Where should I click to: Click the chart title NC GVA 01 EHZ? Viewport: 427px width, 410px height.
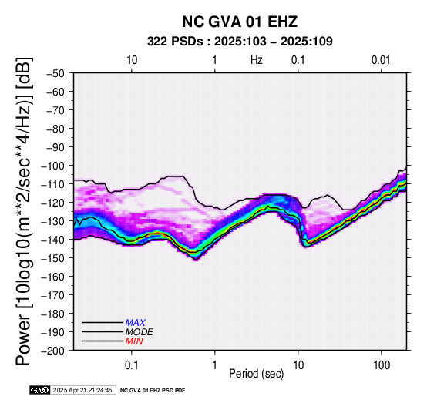pyautogui.click(x=240, y=22)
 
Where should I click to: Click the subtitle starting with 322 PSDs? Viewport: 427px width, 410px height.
pyautogui.click(x=240, y=42)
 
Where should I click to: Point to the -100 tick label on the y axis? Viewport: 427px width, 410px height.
pyautogui.click(x=55, y=166)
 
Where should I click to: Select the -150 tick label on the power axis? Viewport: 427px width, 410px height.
pyautogui.click(x=55, y=258)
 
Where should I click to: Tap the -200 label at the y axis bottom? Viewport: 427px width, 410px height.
pyautogui.click(x=55, y=351)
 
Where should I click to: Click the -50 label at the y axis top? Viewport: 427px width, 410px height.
pyautogui.click(x=58, y=73)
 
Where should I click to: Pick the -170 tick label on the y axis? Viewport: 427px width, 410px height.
pyautogui.click(x=55, y=295)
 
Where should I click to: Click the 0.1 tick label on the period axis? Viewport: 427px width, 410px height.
pyautogui.click(x=132, y=365)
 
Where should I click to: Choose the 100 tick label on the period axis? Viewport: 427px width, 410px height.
pyautogui.click(x=382, y=365)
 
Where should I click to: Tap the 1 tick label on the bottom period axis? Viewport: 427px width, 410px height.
pyautogui.click(x=214, y=365)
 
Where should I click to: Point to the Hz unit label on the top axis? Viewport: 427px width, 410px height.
pyautogui.click(x=257, y=60)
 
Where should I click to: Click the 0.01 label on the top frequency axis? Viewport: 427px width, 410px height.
pyautogui.click(x=381, y=60)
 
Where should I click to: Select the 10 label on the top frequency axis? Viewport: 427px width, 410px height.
pyautogui.click(x=132, y=60)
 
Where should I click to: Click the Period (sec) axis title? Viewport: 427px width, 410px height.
pyautogui.click(x=256, y=374)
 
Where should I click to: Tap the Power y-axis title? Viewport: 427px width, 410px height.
pyautogui.click(x=24, y=211)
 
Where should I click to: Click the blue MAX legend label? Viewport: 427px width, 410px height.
pyautogui.click(x=136, y=323)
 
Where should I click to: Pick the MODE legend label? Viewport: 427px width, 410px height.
pyautogui.click(x=140, y=332)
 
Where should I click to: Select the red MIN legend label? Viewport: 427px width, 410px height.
pyautogui.click(x=134, y=341)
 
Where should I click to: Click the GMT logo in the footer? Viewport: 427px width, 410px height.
pyautogui.click(x=40, y=390)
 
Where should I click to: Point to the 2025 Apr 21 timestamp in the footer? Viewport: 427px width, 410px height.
pyautogui.click(x=82, y=390)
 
